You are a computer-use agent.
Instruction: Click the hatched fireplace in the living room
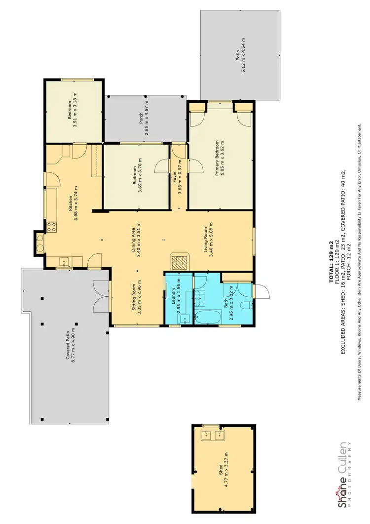coord(179,260)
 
